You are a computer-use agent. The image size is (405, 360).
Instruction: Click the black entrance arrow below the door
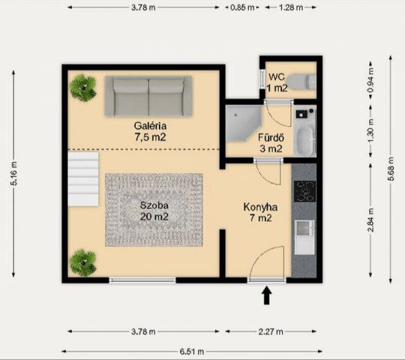tap(267, 295)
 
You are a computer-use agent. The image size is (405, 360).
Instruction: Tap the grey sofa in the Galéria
tap(148, 96)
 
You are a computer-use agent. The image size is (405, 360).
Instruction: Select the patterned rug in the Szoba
tap(154, 210)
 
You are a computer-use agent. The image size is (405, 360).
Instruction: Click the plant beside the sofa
tap(83, 88)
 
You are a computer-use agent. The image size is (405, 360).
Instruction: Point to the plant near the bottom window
tap(83, 262)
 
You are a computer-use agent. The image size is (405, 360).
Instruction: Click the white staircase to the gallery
tap(83, 179)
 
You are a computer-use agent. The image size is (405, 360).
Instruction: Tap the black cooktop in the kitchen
tap(304, 191)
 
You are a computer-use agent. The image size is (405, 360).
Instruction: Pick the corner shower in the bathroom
tap(243, 124)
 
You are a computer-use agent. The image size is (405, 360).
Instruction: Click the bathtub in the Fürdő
tap(305, 140)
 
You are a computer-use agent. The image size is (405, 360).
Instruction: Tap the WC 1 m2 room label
tap(277, 82)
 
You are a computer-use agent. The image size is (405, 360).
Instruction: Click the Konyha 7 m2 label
tap(260, 212)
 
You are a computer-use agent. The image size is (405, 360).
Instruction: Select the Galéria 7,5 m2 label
tap(150, 131)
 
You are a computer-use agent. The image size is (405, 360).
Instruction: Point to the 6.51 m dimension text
tap(192, 352)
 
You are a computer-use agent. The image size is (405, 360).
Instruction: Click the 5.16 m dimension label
tap(13, 173)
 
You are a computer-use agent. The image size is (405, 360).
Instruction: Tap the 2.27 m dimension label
tap(271, 331)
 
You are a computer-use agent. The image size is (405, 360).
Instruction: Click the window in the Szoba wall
tap(142, 280)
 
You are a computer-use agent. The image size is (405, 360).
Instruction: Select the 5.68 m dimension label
tap(391, 169)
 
